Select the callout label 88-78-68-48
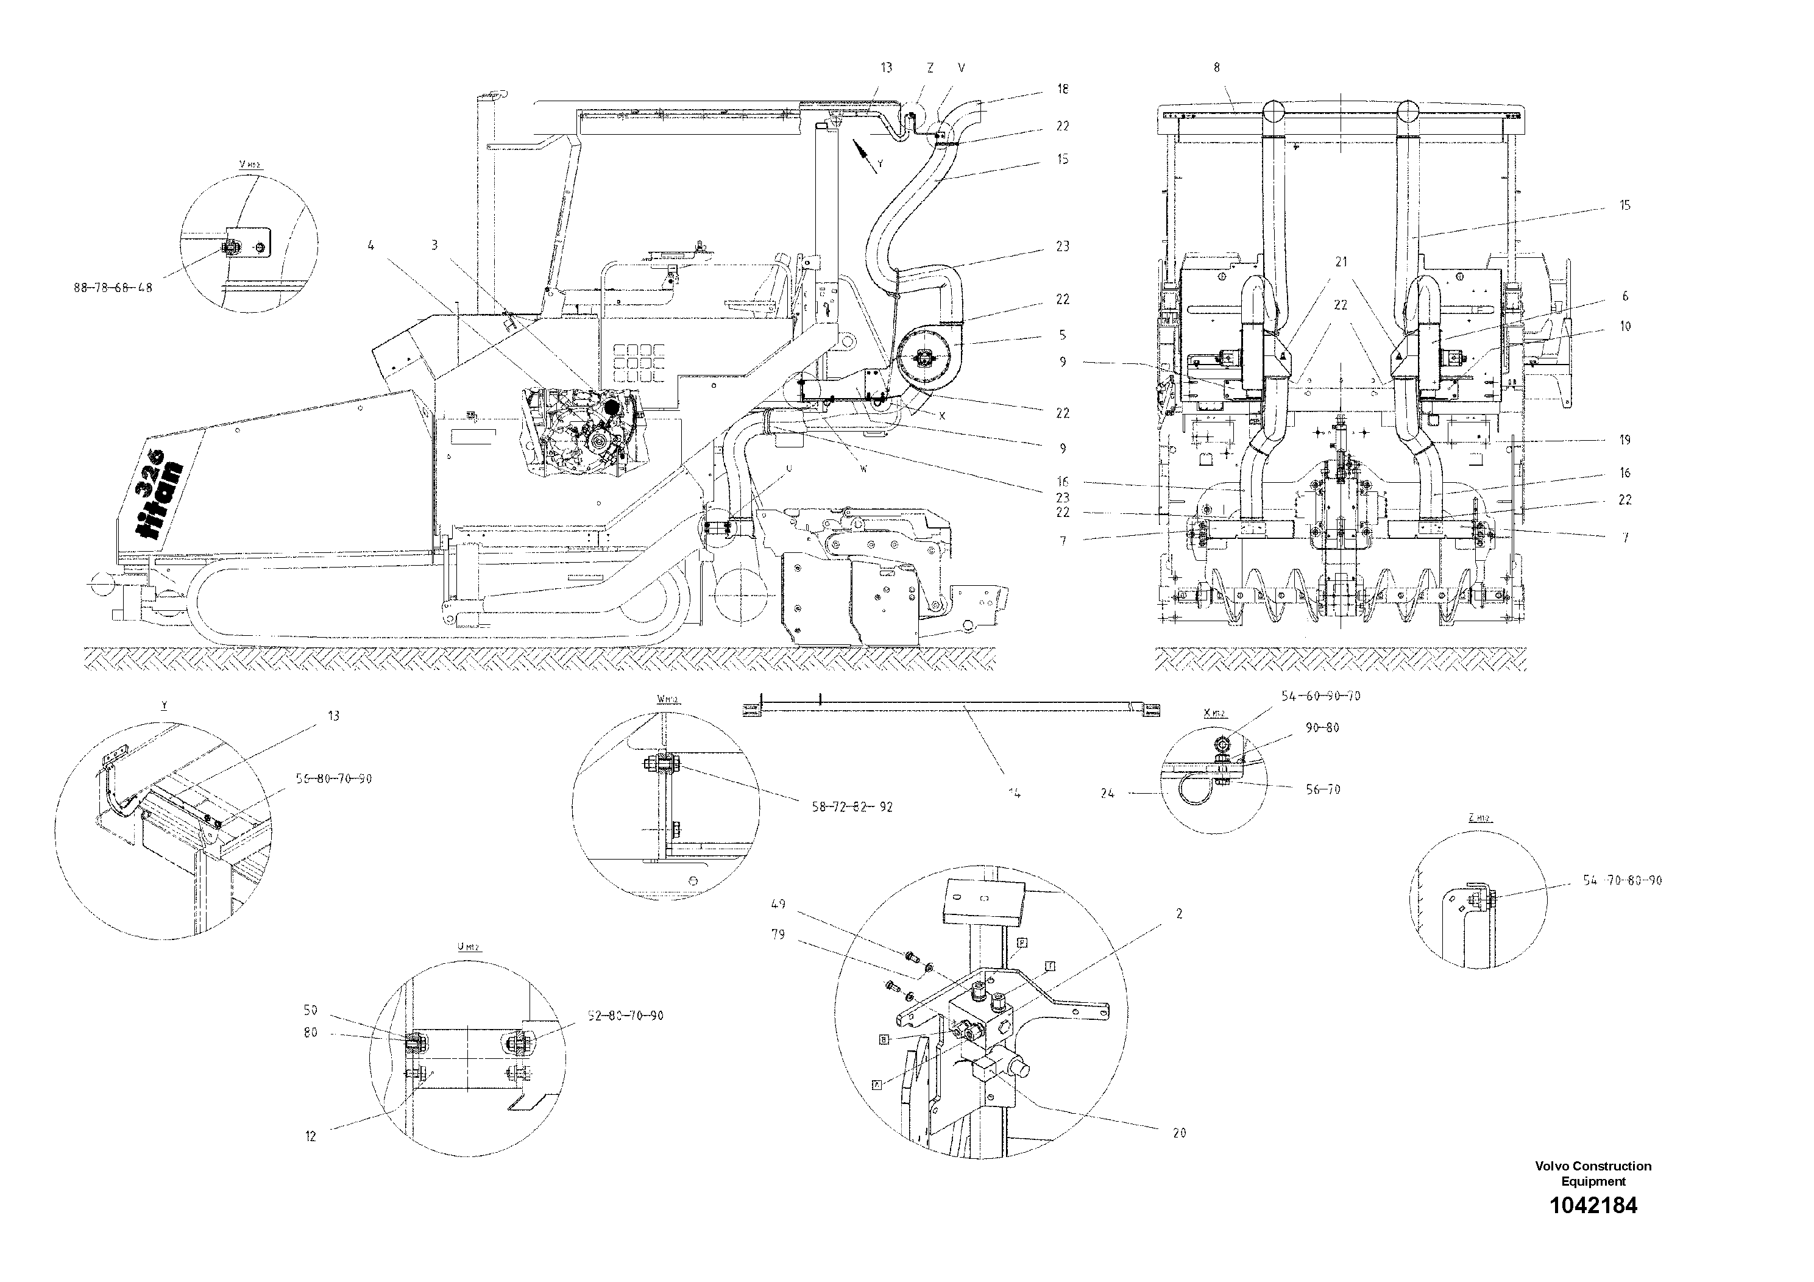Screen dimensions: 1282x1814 click(x=113, y=288)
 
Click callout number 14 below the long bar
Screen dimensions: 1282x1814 click(x=1015, y=792)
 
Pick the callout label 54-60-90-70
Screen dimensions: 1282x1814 click(x=1321, y=696)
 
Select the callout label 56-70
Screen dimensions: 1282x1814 click(x=1323, y=789)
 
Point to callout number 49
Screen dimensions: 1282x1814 click(x=778, y=904)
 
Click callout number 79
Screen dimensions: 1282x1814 click(x=778, y=935)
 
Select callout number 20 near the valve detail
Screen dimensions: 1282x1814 click(x=1179, y=1133)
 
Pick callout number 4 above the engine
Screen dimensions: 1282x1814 click(x=370, y=246)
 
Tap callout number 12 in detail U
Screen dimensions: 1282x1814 click(x=311, y=1136)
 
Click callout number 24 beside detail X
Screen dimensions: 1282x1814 click(x=1108, y=794)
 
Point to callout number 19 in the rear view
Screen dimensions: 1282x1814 click(x=1624, y=440)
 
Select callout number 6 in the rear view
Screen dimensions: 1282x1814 click(x=1624, y=296)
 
